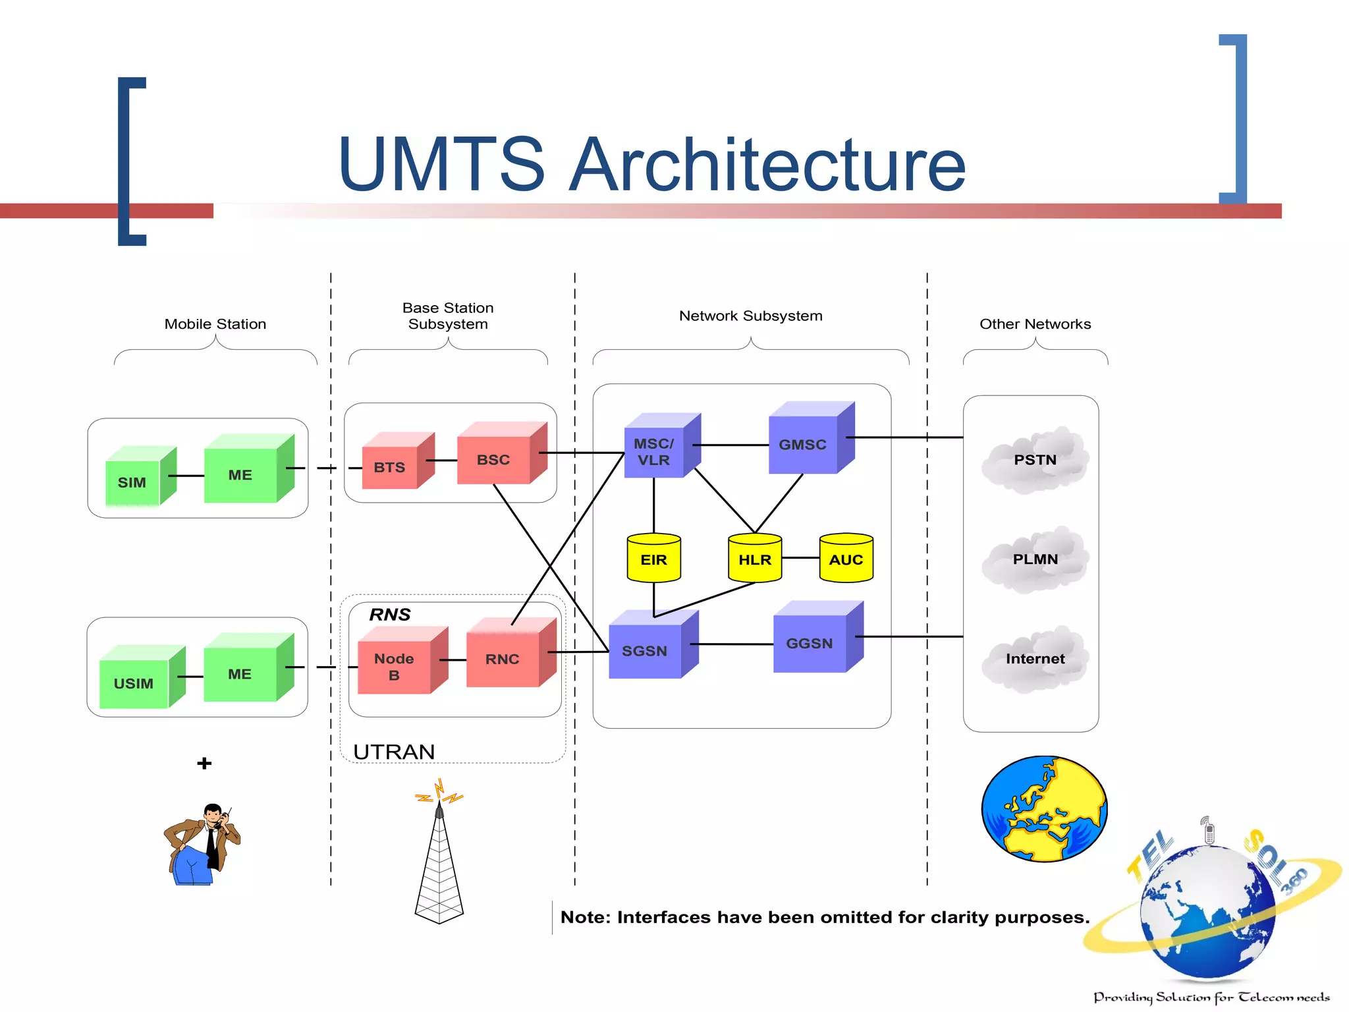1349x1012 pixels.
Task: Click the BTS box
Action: [390, 467]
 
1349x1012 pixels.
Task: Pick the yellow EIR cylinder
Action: [653, 559]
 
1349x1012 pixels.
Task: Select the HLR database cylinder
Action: [755, 559]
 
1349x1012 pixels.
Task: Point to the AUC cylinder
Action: [846, 559]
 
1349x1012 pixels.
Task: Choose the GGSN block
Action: [810, 643]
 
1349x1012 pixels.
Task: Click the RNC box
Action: [503, 659]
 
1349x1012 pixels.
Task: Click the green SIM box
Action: [132, 482]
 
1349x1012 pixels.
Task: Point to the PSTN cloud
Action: [1035, 461]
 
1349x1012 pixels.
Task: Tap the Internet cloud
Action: [1035, 659]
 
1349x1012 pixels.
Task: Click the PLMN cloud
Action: [1035, 559]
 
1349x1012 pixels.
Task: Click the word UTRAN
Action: [394, 752]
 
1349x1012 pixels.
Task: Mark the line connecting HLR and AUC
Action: [800, 558]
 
